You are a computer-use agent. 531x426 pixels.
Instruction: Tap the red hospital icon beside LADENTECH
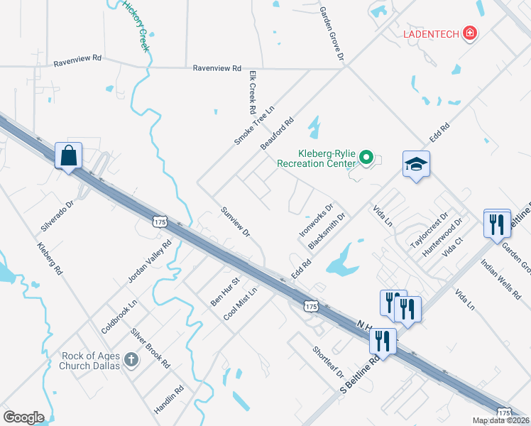[469, 33]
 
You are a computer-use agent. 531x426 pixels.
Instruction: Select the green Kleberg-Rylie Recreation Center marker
[366, 157]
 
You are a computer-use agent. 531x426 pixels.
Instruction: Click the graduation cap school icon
[416, 165]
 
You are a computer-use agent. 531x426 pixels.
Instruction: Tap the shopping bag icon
[69, 155]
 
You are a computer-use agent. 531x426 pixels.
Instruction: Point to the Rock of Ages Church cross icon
[131, 360]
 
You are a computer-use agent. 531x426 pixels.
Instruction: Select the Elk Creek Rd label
[251, 92]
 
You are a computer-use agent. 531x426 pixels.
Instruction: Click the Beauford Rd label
[277, 134]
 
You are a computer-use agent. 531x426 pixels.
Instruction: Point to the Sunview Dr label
[235, 222]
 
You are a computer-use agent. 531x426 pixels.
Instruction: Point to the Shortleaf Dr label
[328, 362]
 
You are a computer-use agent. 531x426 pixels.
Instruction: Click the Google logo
[24, 417]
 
